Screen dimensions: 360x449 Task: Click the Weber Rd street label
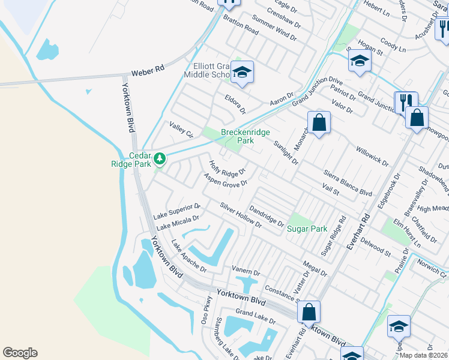(x=148, y=70)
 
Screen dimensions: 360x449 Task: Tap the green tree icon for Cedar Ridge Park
(x=159, y=159)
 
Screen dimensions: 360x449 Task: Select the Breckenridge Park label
(x=246, y=136)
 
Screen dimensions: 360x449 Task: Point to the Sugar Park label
(x=307, y=229)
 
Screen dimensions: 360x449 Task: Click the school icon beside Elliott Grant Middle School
(x=243, y=72)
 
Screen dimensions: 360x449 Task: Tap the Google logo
(x=20, y=353)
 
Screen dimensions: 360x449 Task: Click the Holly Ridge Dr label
(x=227, y=169)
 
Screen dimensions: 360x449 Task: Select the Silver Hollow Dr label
(x=241, y=215)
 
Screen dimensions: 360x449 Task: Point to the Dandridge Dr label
(x=266, y=216)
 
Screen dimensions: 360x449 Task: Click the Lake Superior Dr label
(x=176, y=211)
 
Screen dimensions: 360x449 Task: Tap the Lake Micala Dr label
(x=178, y=224)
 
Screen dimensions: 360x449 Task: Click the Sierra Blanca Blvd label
(x=348, y=182)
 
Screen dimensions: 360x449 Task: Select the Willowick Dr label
(x=372, y=155)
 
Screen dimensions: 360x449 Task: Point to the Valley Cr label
(x=181, y=130)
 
